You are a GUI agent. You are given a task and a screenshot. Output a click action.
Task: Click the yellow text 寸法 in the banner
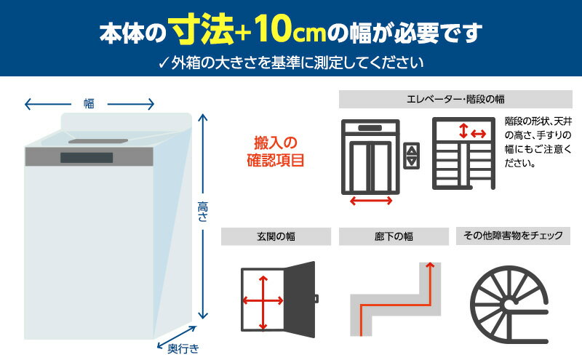[x=202, y=30]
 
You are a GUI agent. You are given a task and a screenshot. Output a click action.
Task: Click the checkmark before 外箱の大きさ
[x=163, y=63]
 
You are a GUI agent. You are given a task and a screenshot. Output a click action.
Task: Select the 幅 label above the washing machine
[x=89, y=103]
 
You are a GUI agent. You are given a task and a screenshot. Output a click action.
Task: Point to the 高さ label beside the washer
[x=203, y=212]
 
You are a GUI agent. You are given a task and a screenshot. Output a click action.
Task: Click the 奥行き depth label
[x=183, y=349]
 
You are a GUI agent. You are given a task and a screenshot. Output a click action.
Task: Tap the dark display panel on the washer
[x=87, y=158]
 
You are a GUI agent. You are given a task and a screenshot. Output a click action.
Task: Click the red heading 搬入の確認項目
[x=276, y=151]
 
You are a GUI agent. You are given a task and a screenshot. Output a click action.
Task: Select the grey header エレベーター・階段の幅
[x=455, y=99]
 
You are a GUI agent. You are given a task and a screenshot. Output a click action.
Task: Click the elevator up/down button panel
[x=412, y=156]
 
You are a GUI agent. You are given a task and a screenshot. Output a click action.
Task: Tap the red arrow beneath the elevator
[x=371, y=201]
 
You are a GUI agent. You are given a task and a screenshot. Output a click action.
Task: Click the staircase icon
[x=464, y=153]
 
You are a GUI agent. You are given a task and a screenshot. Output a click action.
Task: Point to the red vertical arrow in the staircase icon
[x=463, y=131]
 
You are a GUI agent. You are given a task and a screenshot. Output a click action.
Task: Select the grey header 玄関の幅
[x=276, y=236]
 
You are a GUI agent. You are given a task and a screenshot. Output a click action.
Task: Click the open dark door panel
[x=300, y=300]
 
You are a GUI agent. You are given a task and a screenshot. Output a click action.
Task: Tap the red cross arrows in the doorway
[x=263, y=301]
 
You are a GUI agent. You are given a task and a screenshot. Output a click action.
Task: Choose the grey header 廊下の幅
[x=394, y=236]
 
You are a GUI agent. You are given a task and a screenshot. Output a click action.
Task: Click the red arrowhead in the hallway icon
[x=430, y=265]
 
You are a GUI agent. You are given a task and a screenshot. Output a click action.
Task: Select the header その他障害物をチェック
[x=513, y=236]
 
